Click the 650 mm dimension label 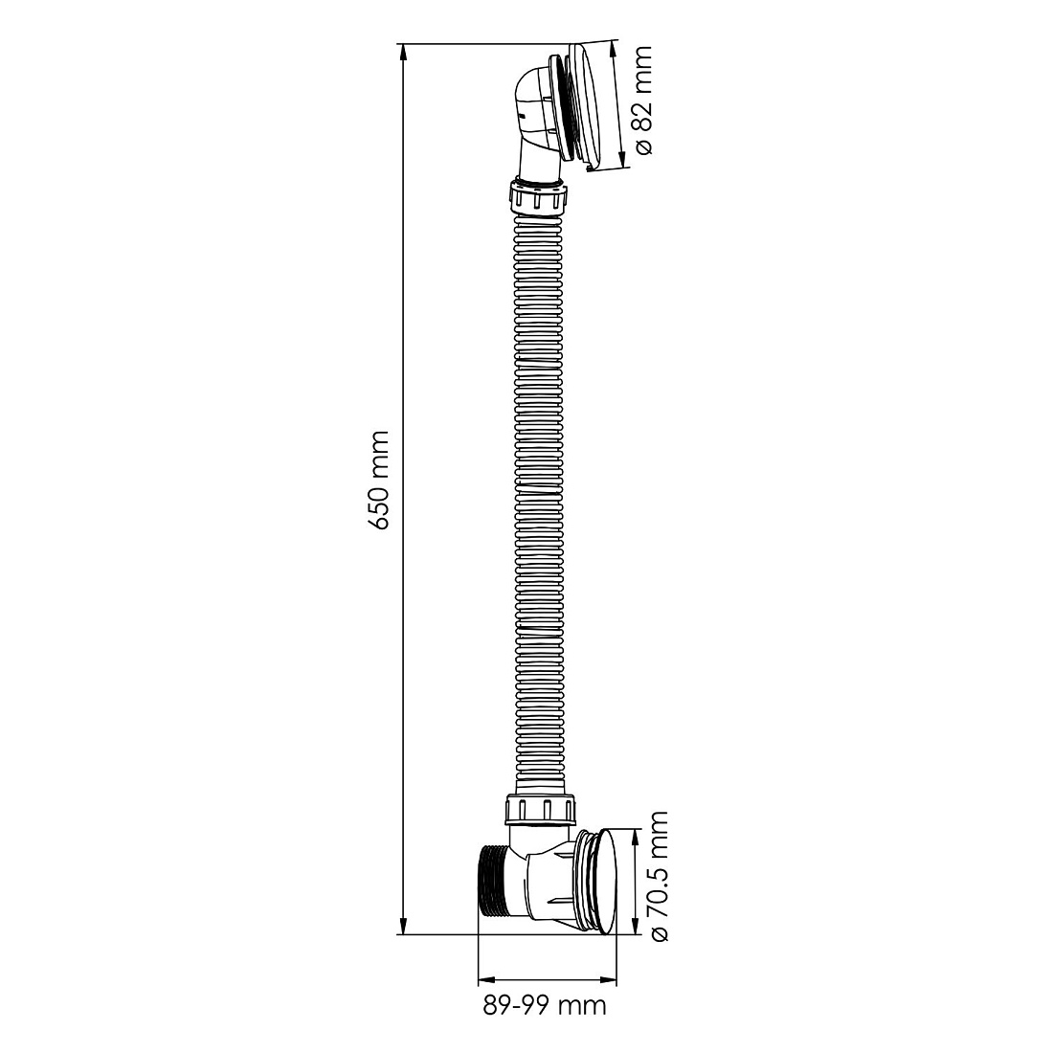[x=379, y=481]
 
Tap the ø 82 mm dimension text [x=643, y=101]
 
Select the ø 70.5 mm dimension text [x=659, y=876]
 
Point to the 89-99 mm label [x=545, y=1005]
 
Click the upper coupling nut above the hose [x=538, y=196]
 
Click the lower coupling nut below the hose [x=541, y=810]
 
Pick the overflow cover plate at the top [x=589, y=106]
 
